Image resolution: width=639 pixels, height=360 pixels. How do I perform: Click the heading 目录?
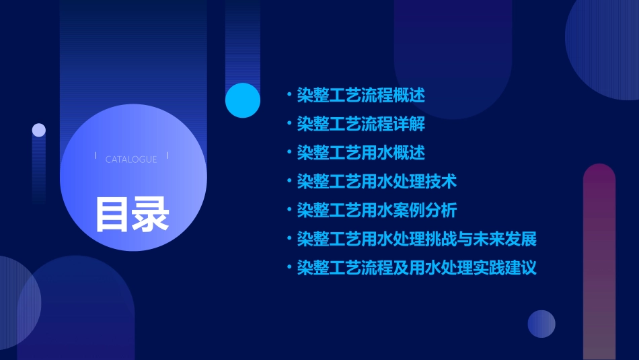pyautogui.click(x=132, y=214)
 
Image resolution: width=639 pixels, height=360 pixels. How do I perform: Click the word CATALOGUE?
pyautogui.click(x=131, y=159)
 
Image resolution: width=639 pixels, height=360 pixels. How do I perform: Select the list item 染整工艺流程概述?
pyautogui.click(x=361, y=95)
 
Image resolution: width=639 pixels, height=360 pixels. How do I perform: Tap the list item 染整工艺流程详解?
pyautogui.click(x=361, y=124)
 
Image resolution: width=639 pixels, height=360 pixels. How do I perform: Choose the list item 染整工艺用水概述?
pyautogui.click(x=361, y=153)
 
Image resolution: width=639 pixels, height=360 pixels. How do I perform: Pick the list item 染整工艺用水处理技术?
pyautogui.click(x=377, y=182)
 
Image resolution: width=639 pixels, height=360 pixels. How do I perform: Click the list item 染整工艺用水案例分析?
pyautogui.click(x=377, y=211)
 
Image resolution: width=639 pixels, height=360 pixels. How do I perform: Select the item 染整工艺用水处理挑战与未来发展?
pyautogui.click(x=417, y=239)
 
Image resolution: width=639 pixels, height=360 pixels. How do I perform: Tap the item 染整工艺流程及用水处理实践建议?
pyautogui.click(x=417, y=268)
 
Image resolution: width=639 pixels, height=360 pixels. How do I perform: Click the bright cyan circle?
pyautogui.click(x=243, y=100)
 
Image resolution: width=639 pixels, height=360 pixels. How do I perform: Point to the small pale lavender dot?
pyautogui.click(x=39, y=130)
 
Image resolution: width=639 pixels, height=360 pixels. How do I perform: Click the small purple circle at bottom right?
pyautogui.click(x=541, y=324)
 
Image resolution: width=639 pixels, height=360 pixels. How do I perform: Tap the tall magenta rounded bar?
pyautogui.click(x=599, y=262)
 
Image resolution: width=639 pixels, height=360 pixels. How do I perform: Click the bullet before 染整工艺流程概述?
pyautogui.click(x=289, y=95)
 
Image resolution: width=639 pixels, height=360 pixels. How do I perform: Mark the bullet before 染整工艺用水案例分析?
pyautogui.click(x=289, y=211)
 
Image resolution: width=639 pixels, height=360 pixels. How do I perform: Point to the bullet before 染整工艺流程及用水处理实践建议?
pyautogui.click(x=289, y=268)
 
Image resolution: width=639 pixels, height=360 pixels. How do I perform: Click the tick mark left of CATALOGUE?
pyautogui.click(x=96, y=155)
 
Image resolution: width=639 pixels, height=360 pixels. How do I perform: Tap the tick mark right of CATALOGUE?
pyautogui.click(x=167, y=155)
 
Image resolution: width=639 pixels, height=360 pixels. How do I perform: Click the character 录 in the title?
pyautogui.click(x=151, y=214)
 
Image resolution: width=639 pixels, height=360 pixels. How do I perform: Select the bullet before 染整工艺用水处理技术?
pyautogui.click(x=289, y=182)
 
